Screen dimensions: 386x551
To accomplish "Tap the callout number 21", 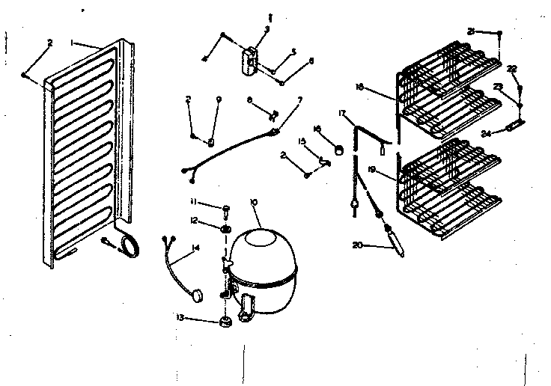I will tap(470, 31).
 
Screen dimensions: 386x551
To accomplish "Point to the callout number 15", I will tap(303, 141).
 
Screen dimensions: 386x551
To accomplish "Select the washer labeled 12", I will tap(225, 227).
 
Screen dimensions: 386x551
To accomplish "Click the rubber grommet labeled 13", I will tap(224, 323).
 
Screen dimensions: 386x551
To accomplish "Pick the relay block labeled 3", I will tap(251, 59).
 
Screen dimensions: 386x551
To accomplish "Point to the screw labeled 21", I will tap(499, 33).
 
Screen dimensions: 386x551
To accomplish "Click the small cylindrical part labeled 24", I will tap(513, 127).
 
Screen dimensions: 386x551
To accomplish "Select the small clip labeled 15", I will tap(324, 160).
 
